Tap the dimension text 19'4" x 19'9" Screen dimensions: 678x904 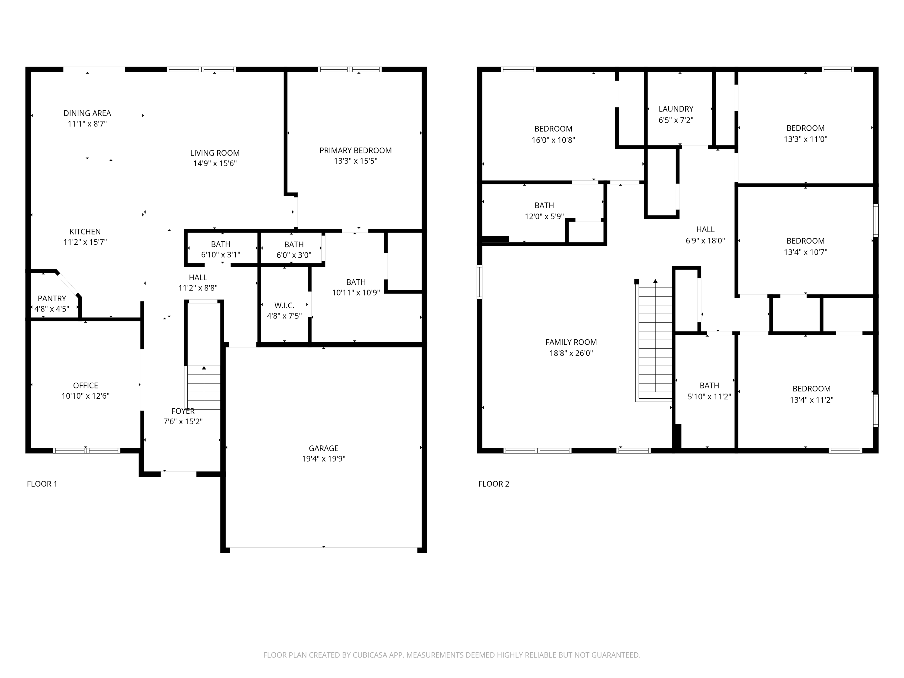tap(323, 459)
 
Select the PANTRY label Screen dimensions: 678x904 tap(52, 298)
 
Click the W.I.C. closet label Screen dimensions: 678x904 tap(284, 305)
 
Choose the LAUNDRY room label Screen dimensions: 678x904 tap(676, 109)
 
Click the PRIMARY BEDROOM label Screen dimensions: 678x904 tap(355, 150)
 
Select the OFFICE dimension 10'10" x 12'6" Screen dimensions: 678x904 tap(85, 396)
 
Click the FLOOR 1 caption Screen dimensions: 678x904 tap(42, 484)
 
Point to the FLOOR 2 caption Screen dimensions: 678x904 tap(494, 484)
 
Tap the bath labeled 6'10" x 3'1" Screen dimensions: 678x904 tap(220, 249)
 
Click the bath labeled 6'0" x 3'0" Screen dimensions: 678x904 tap(293, 249)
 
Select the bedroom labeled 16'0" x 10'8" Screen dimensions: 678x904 tap(553, 134)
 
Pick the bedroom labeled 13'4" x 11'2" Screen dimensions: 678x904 tap(811, 394)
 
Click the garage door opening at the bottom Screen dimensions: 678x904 tap(323, 550)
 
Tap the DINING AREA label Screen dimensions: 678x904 tap(87, 113)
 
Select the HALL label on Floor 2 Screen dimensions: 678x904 tap(705, 229)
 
